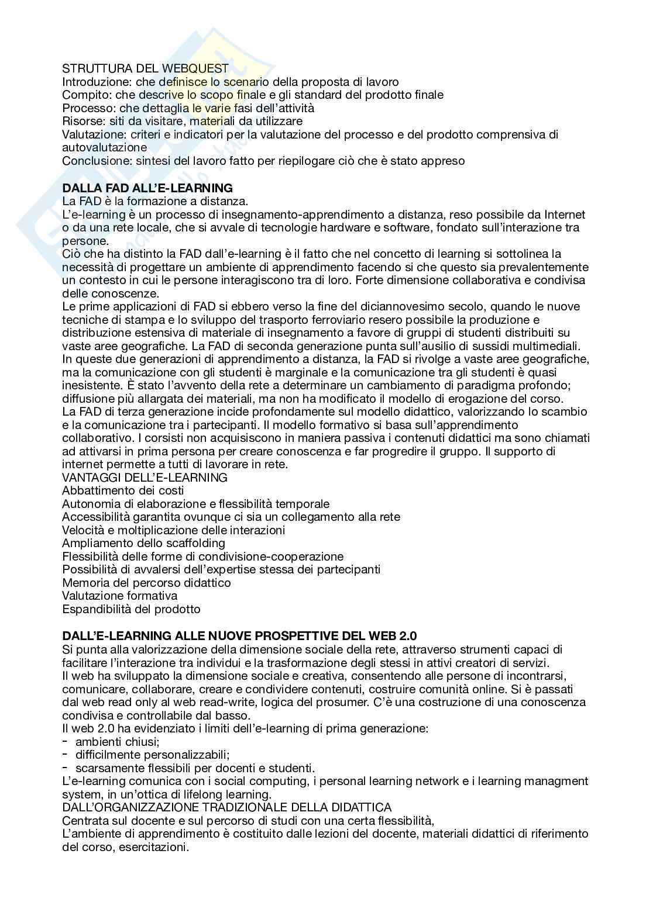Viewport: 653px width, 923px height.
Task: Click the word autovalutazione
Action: click(x=105, y=147)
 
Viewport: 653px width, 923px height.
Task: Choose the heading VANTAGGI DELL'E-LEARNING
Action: click(x=145, y=478)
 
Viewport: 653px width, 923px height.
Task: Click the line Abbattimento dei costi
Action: click(x=123, y=490)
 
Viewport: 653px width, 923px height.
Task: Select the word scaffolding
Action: click(x=192, y=543)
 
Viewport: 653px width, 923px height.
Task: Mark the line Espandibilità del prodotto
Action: click(x=131, y=609)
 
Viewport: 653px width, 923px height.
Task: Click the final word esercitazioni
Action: click(x=155, y=847)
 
